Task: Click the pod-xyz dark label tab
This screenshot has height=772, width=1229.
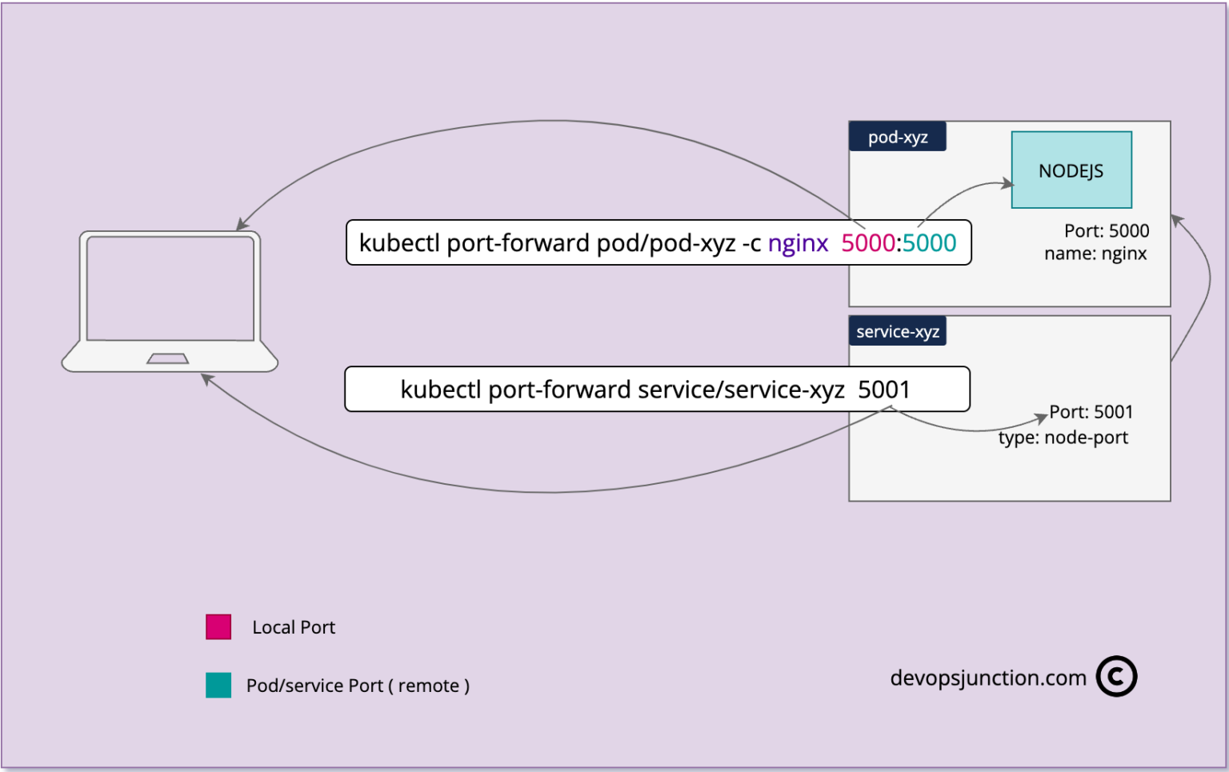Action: [897, 137]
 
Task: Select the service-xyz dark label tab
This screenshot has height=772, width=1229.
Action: [897, 331]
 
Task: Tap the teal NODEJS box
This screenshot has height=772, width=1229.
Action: [1071, 170]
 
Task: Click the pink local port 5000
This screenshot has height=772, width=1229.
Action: [867, 242]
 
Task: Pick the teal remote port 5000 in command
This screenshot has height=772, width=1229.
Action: [929, 242]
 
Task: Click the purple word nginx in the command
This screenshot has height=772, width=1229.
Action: [797, 242]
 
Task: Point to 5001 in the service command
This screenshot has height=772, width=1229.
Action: [883, 390]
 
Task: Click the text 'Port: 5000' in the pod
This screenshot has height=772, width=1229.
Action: [1106, 231]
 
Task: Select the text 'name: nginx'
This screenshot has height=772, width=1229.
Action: [1095, 254]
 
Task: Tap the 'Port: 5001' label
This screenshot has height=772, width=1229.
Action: [1091, 412]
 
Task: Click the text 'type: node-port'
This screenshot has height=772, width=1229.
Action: [1063, 438]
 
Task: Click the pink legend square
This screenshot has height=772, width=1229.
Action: [218, 626]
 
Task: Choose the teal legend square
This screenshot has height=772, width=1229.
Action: [218, 685]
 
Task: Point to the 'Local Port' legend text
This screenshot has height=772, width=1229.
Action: [294, 627]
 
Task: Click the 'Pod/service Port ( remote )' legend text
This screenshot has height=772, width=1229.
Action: [358, 686]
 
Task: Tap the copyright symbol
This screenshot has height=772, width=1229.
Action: [1116, 677]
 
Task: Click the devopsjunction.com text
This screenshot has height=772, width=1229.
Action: [987, 678]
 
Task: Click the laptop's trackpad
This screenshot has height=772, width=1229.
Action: [168, 358]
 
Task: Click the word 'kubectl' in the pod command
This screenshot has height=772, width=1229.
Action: [399, 242]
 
